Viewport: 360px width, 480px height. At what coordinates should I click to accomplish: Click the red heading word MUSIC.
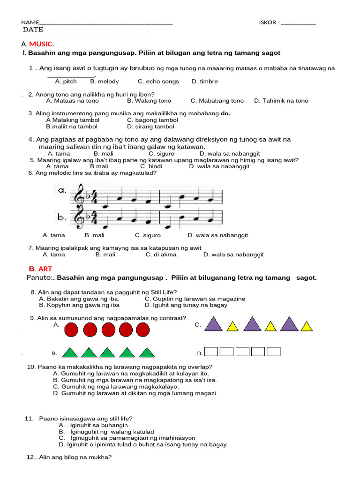pyautogui.click(x=41, y=44)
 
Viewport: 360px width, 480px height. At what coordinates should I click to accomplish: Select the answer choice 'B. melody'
pyautogui.click(x=105, y=82)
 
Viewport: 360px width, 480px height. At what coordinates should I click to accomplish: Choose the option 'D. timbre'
pyautogui.click(x=204, y=82)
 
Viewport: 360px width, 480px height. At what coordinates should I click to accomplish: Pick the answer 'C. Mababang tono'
pyautogui.click(x=217, y=101)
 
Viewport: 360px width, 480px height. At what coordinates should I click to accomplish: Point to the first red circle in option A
pyautogui.click(x=71, y=330)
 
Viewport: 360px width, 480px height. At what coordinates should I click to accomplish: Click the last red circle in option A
pyautogui.click(x=142, y=330)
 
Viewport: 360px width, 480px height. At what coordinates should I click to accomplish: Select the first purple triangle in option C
pyautogui.click(x=214, y=324)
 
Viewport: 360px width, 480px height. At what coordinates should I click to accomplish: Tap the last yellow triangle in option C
pyautogui.click(x=306, y=326)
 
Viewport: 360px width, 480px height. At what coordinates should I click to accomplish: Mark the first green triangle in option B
pyautogui.click(x=69, y=352)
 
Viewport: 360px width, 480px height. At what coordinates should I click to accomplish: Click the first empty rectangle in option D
pyautogui.click(x=211, y=352)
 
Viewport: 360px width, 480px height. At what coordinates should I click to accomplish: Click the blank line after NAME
pyautogui.click(x=106, y=24)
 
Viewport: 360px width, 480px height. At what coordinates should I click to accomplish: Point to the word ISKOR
pyautogui.click(x=267, y=22)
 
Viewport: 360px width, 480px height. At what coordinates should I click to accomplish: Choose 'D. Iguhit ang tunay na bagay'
pyautogui.click(x=186, y=305)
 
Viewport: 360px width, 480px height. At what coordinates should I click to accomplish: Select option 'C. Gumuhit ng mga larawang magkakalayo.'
pyautogui.click(x=116, y=387)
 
